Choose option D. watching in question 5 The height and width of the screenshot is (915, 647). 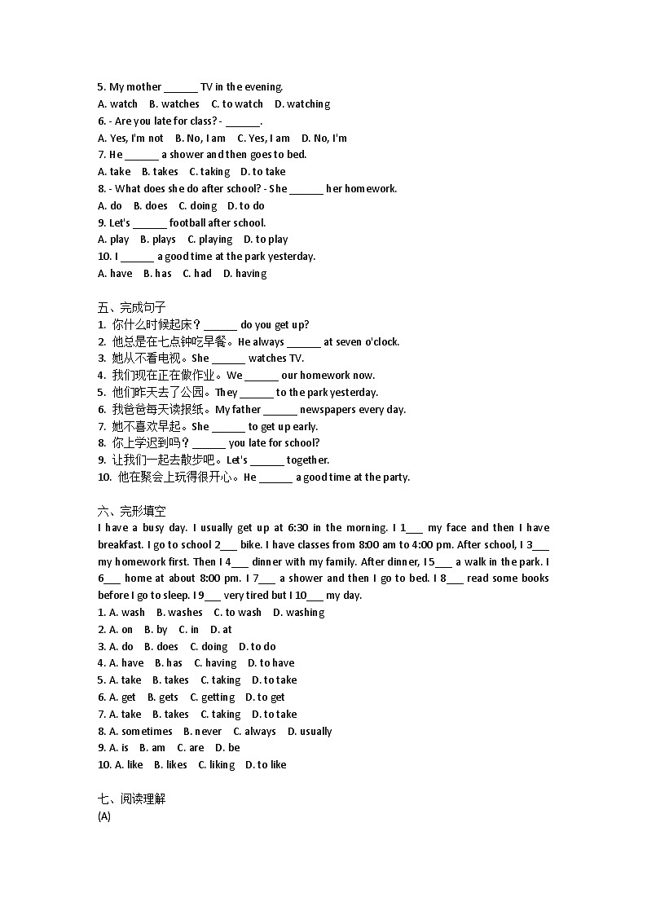(x=302, y=104)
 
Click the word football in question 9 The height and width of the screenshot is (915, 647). (x=187, y=223)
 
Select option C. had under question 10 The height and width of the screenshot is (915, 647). (x=197, y=274)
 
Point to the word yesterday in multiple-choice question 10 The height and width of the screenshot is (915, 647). (x=291, y=257)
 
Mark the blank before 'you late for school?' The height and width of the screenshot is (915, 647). (x=209, y=444)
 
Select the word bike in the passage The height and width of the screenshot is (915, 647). (x=251, y=545)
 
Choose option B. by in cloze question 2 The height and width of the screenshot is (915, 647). (x=156, y=630)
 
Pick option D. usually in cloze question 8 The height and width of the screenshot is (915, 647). (x=310, y=732)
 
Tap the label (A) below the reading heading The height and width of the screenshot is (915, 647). (x=103, y=816)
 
